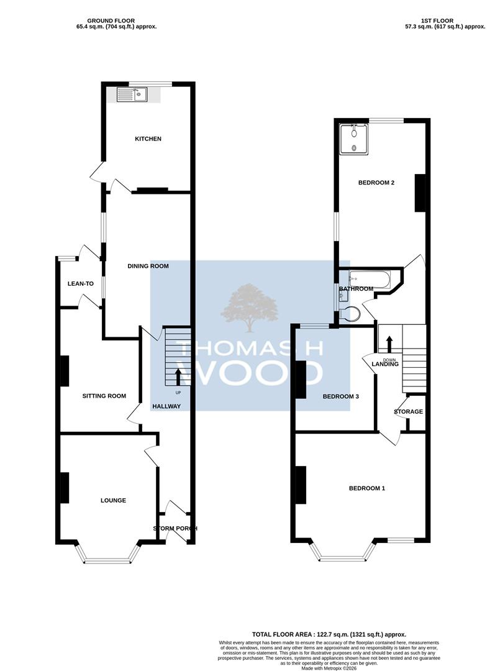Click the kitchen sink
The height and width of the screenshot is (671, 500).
click(132, 94)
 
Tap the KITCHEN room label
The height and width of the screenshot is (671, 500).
click(148, 139)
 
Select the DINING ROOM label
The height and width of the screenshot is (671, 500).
click(148, 266)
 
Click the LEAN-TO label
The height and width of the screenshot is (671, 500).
click(80, 284)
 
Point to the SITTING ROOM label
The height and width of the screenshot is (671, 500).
click(104, 396)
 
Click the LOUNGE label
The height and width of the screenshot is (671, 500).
click(113, 500)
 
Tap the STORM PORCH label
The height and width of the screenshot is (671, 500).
click(175, 529)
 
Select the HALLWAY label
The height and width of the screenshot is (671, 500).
click(166, 406)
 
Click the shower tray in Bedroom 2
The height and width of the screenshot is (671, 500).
click(353, 140)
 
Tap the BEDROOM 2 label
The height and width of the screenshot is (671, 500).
click(376, 183)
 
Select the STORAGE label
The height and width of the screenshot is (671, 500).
click(409, 412)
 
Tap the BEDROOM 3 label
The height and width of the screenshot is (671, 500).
click(340, 396)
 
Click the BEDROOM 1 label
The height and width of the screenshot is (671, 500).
click(367, 488)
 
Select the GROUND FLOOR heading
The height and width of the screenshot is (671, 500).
click(111, 21)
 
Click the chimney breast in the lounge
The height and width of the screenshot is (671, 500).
click(65, 488)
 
